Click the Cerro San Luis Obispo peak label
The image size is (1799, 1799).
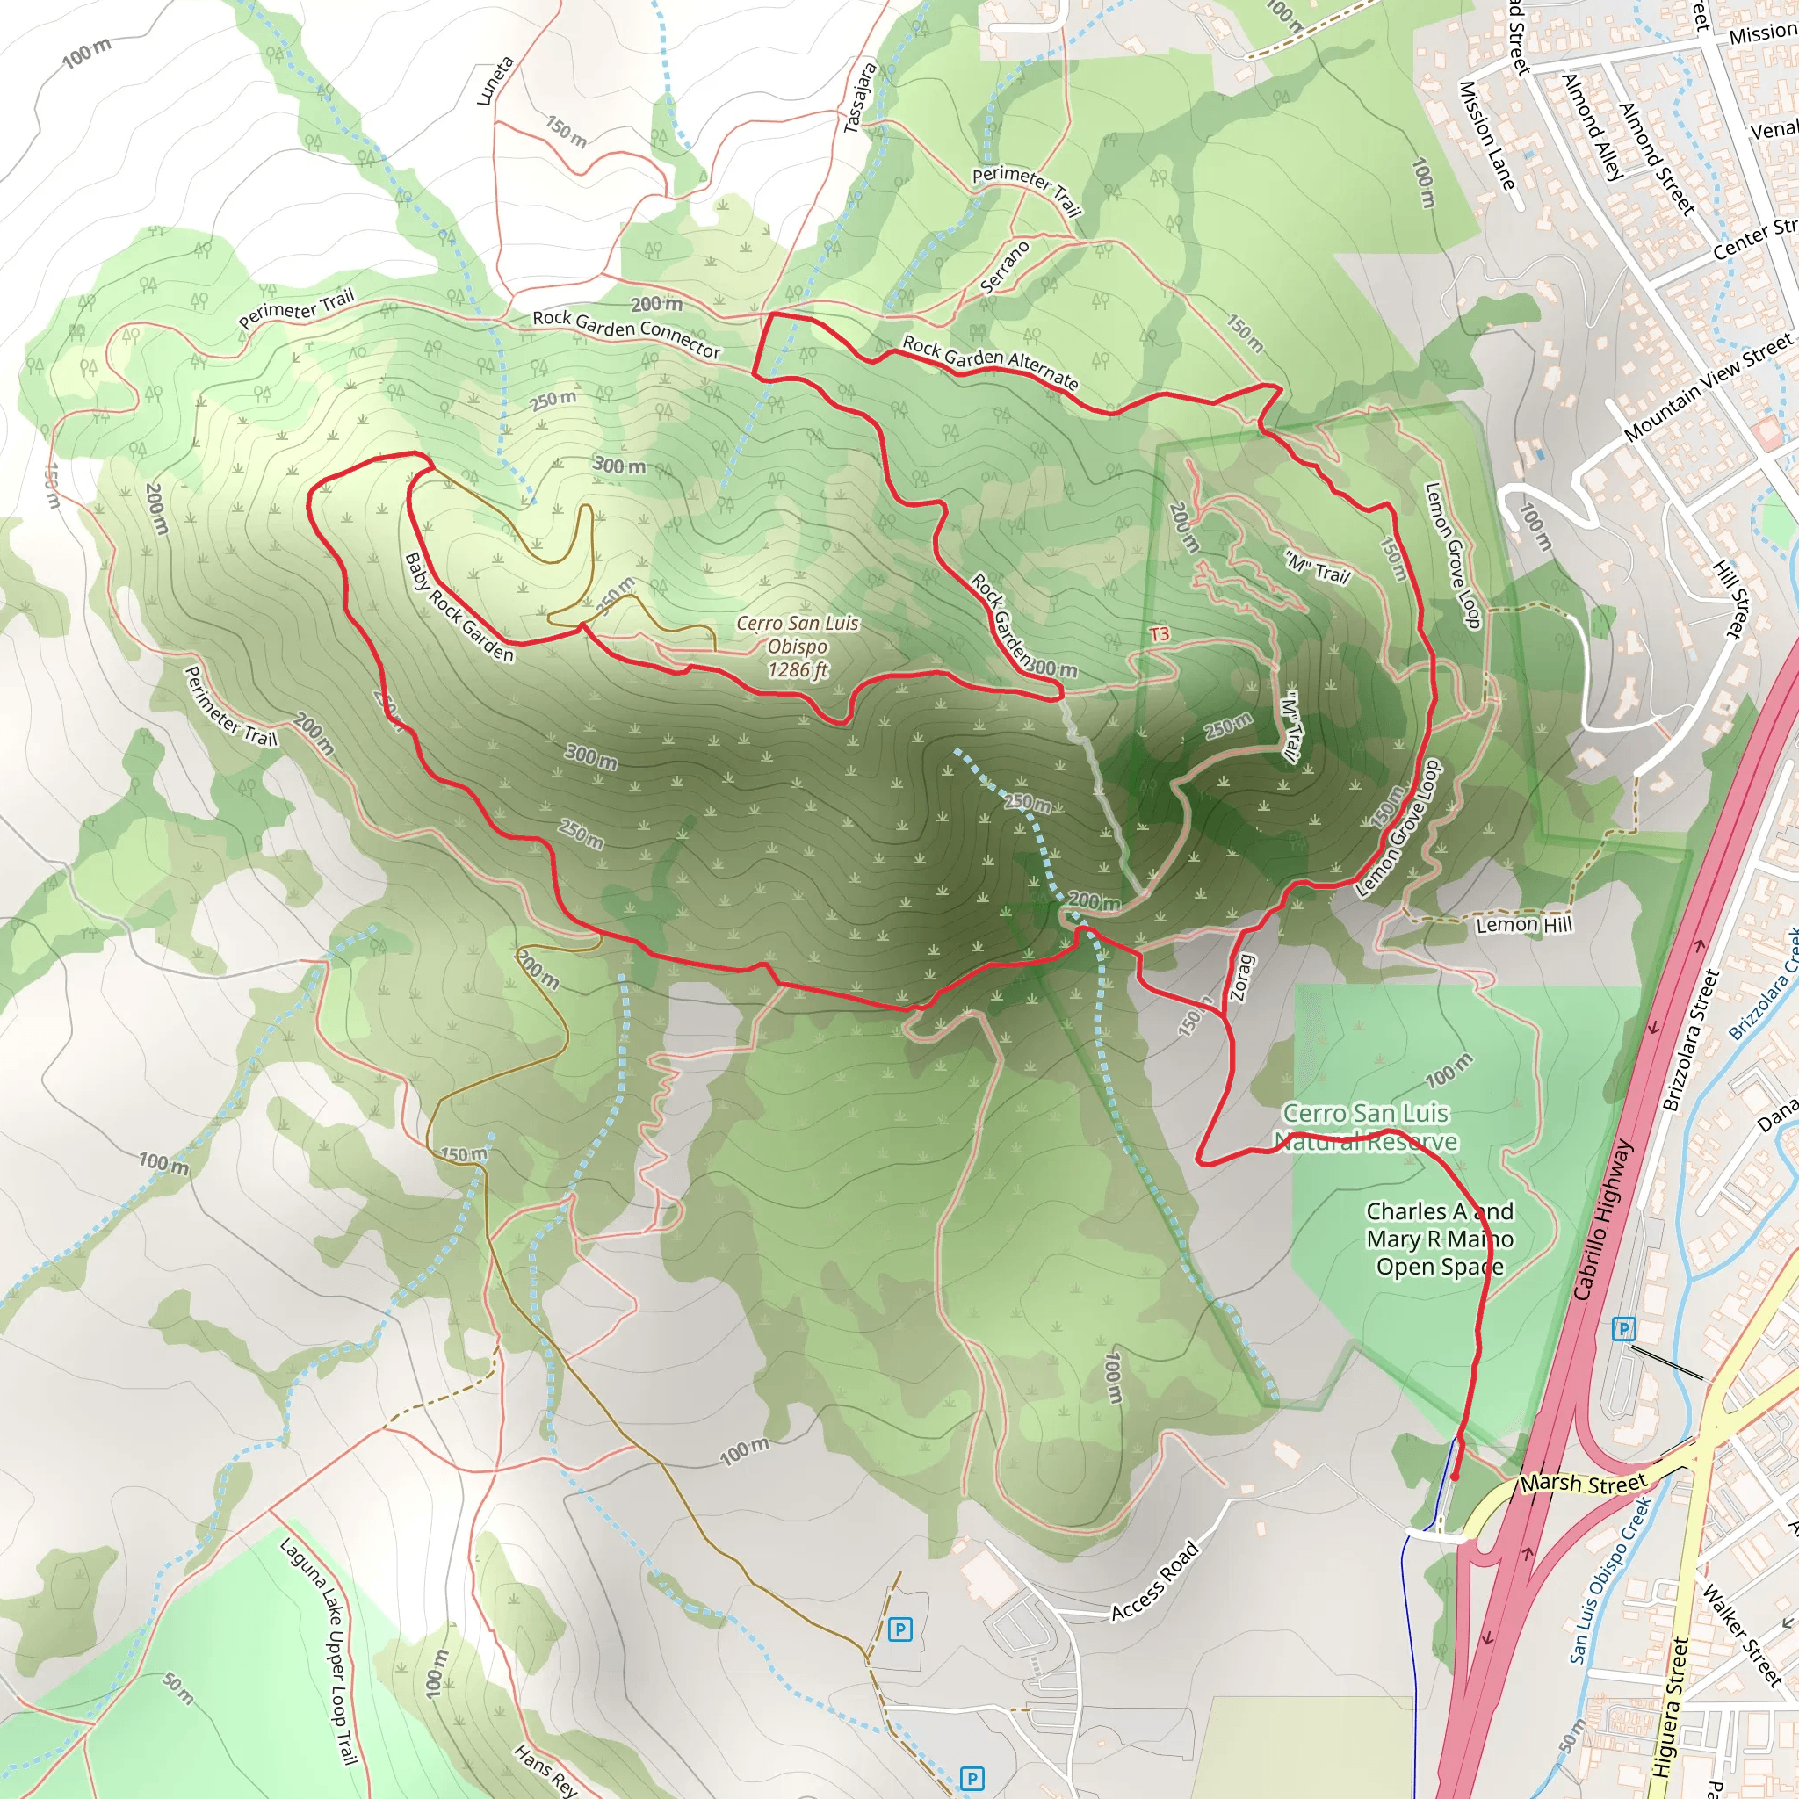(x=797, y=647)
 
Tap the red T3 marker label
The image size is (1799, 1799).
(x=1159, y=634)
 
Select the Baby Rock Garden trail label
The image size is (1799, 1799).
(x=459, y=607)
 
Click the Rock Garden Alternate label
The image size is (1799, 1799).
(x=990, y=361)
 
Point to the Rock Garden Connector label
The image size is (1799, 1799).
(x=626, y=332)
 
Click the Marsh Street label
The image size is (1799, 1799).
(x=1583, y=1482)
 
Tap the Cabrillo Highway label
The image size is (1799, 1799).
(x=1603, y=1220)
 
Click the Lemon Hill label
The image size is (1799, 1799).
(x=1524, y=924)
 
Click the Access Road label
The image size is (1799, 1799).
(x=1154, y=1581)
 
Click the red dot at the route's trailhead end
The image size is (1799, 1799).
(x=1455, y=1476)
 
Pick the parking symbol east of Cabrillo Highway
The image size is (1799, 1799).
(x=1624, y=1329)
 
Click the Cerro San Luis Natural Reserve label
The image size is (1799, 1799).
(x=1365, y=1127)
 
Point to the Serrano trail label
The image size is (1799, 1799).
(x=1006, y=267)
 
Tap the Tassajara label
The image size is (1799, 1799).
(x=859, y=97)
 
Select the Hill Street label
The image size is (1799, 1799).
(x=1728, y=599)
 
